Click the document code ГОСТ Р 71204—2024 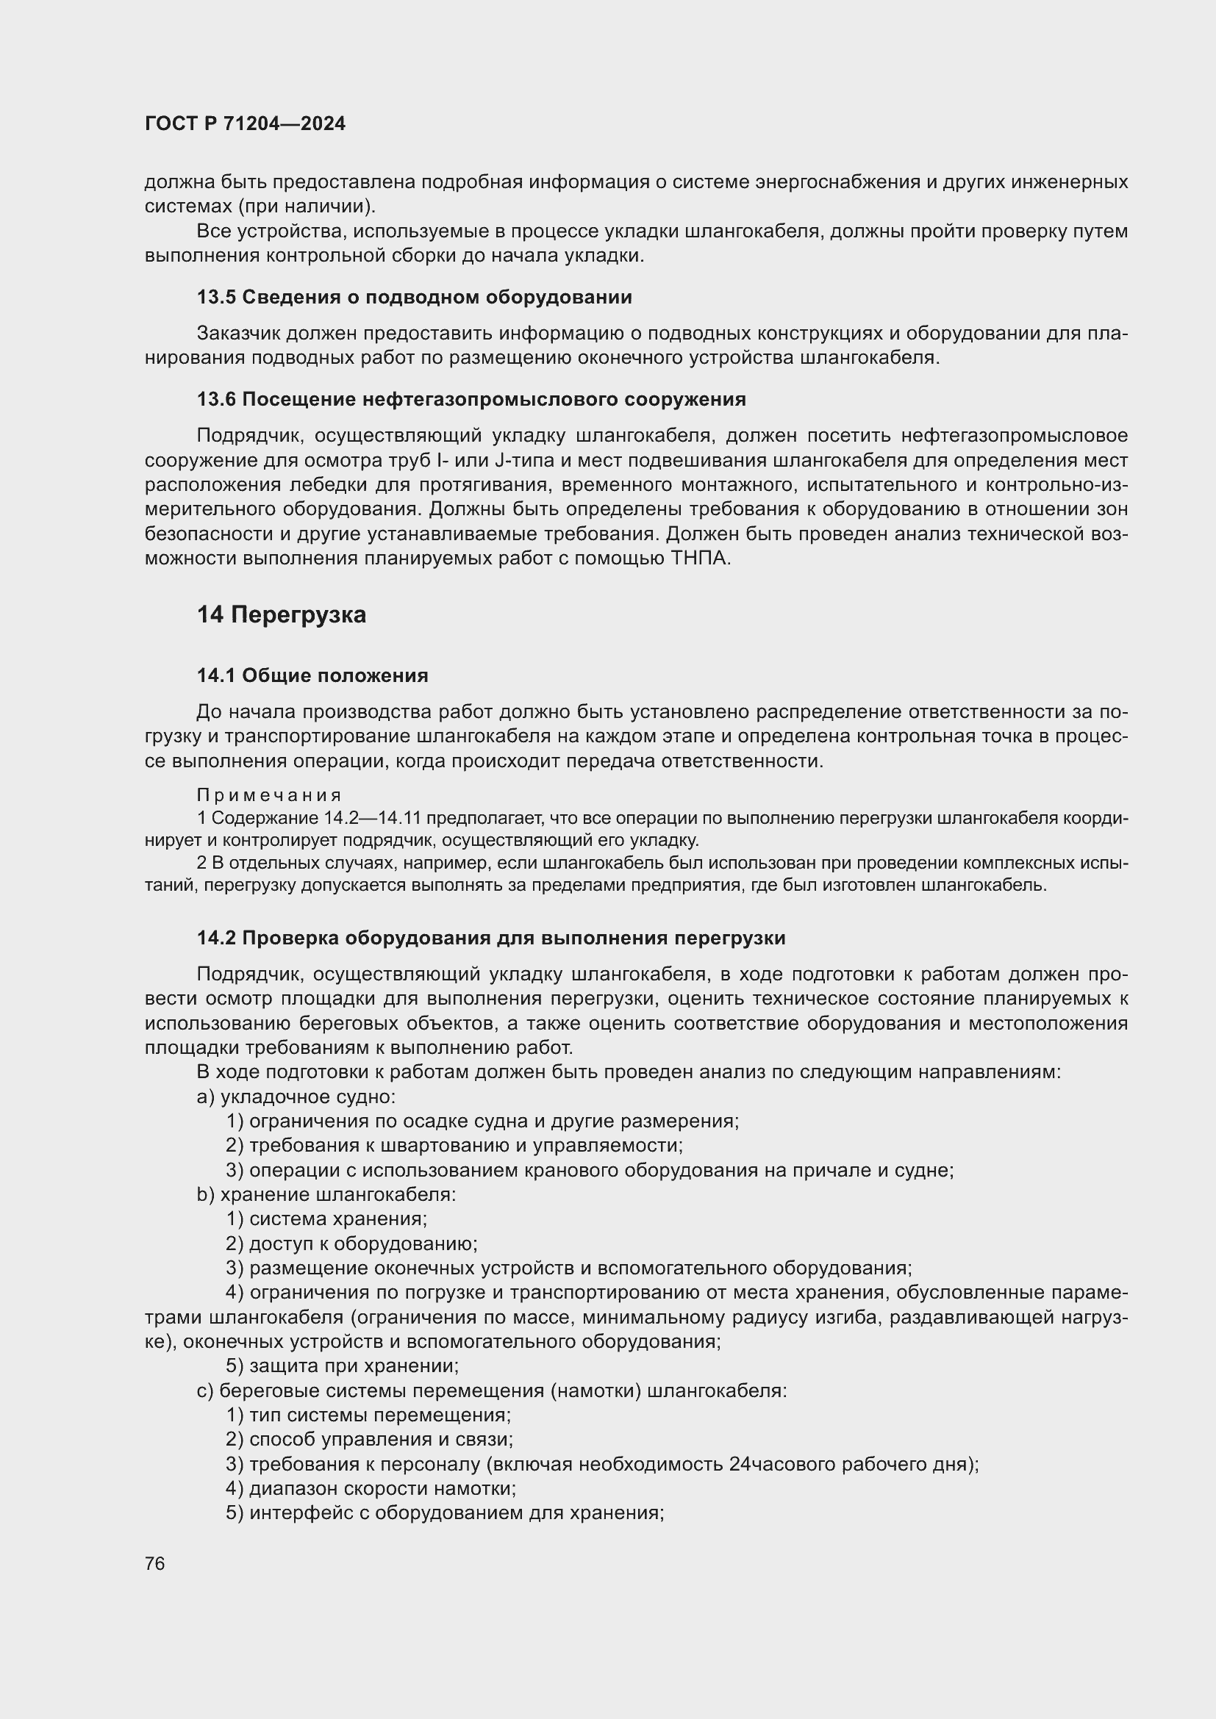coord(245,124)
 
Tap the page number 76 coord(155,1563)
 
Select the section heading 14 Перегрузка coord(282,614)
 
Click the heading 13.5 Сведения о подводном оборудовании coord(414,297)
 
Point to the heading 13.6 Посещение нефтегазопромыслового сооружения coord(471,399)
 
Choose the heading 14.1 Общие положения coord(312,675)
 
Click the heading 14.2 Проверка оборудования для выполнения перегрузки coord(490,937)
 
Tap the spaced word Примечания coord(270,794)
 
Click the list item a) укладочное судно coord(296,1096)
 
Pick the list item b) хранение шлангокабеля coord(326,1194)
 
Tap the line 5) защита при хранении coord(342,1365)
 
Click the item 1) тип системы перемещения coord(368,1415)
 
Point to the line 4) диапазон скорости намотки coord(371,1487)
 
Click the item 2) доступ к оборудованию coord(352,1244)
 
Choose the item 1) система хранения coord(326,1219)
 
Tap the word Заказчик coord(238,333)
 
